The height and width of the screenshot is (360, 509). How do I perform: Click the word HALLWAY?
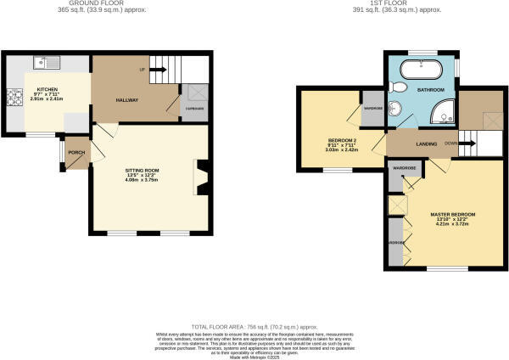(x=127, y=100)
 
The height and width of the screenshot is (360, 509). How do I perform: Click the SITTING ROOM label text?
(x=143, y=168)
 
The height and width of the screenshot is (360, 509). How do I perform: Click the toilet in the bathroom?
(x=401, y=87)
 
